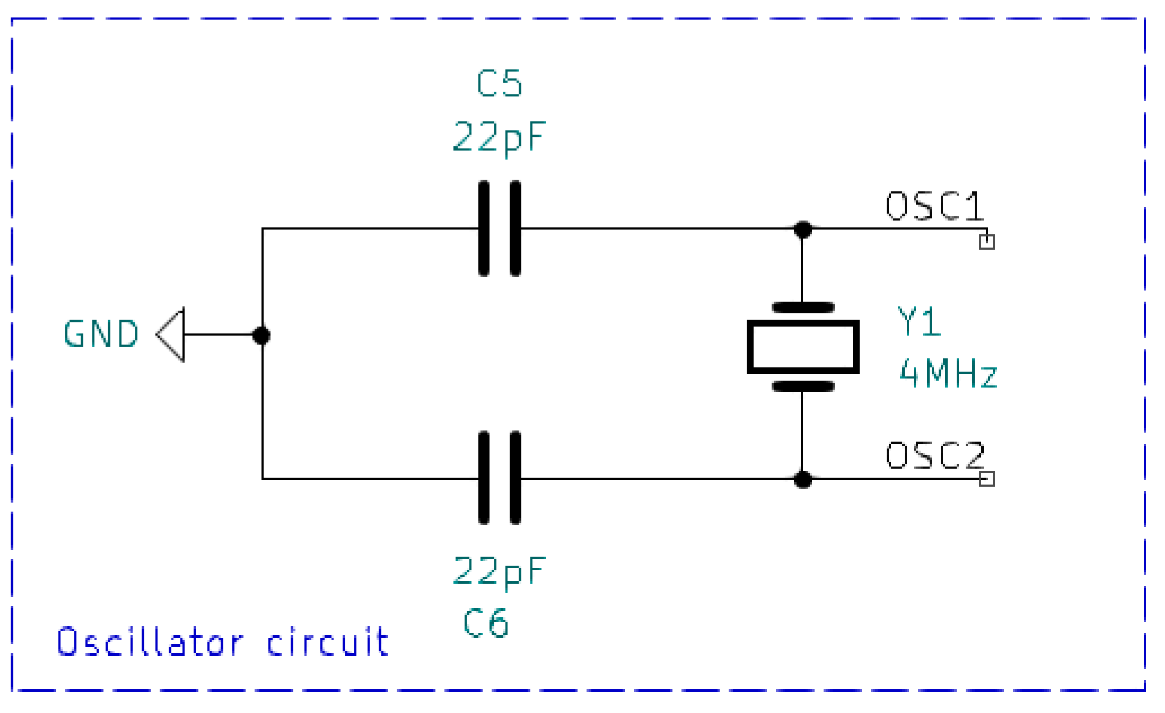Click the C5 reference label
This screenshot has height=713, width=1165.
point(499,84)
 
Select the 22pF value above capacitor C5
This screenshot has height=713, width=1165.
point(499,137)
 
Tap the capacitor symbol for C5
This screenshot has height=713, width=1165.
point(499,228)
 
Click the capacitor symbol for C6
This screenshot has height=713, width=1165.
point(499,478)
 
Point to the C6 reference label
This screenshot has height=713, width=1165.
point(486,623)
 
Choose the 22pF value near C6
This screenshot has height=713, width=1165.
point(499,572)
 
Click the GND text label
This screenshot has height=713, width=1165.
point(101,334)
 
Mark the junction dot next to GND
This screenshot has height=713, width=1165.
point(261,336)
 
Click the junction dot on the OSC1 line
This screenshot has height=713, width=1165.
point(803,229)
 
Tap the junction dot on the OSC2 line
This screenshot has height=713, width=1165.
point(803,478)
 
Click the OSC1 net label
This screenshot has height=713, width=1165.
point(934,206)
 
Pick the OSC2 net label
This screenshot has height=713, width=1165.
point(934,455)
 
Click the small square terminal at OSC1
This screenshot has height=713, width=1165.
point(987,242)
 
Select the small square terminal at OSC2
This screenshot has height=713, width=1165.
point(987,478)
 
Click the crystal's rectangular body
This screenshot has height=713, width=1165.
point(803,347)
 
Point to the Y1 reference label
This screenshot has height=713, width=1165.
point(918,322)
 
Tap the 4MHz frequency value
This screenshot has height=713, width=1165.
point(948,374)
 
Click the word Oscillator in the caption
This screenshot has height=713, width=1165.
point(150,642)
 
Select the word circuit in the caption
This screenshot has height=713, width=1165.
point(328,642)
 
